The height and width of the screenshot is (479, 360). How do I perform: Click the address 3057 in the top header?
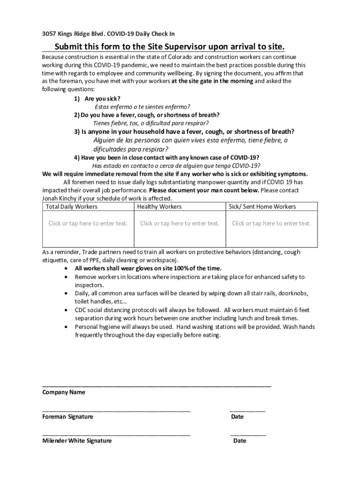tap(49, 34)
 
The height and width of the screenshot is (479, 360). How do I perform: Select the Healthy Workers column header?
tap(160, 206)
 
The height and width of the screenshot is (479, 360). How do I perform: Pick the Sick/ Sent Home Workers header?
tap(262, 206)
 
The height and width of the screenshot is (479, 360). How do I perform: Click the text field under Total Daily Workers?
tap(88, 224)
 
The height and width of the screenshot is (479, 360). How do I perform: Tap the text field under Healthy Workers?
tap(180, 224)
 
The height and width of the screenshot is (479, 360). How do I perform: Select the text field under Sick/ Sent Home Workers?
tap(271, 224)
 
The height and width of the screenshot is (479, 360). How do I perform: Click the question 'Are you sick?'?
tap(102, 99)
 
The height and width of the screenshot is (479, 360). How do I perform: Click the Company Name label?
tap(64, 392)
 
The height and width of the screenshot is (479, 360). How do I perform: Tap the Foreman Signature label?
tap(68, 417)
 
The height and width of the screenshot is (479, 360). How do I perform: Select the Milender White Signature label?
tap(77, 441)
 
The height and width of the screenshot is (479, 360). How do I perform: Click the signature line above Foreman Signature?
tap(116, 410)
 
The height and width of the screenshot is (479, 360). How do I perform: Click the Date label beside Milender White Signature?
tap(239, 441)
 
